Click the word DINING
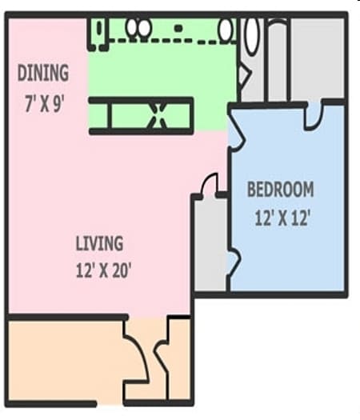pos(43,74)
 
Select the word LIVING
pos(99,243)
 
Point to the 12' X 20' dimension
pos(102,270)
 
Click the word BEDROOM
pos(280,190)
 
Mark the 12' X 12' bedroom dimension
pos(282,217)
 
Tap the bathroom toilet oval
pos(252,34)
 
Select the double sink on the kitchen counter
pos(139,28)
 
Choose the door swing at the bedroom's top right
pos(314,116)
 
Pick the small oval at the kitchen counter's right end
pos(226,30)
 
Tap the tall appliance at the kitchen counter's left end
pos(99,30)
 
